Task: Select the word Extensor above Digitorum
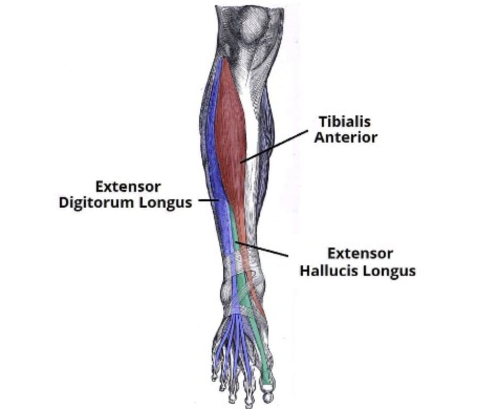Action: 128,187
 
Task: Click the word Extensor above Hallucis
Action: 360,254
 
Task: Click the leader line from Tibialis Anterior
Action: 275,145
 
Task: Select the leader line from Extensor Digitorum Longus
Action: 208,200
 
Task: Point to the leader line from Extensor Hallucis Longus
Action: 262,249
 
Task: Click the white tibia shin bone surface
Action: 255,157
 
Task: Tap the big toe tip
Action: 268,389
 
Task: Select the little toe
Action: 214,376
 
